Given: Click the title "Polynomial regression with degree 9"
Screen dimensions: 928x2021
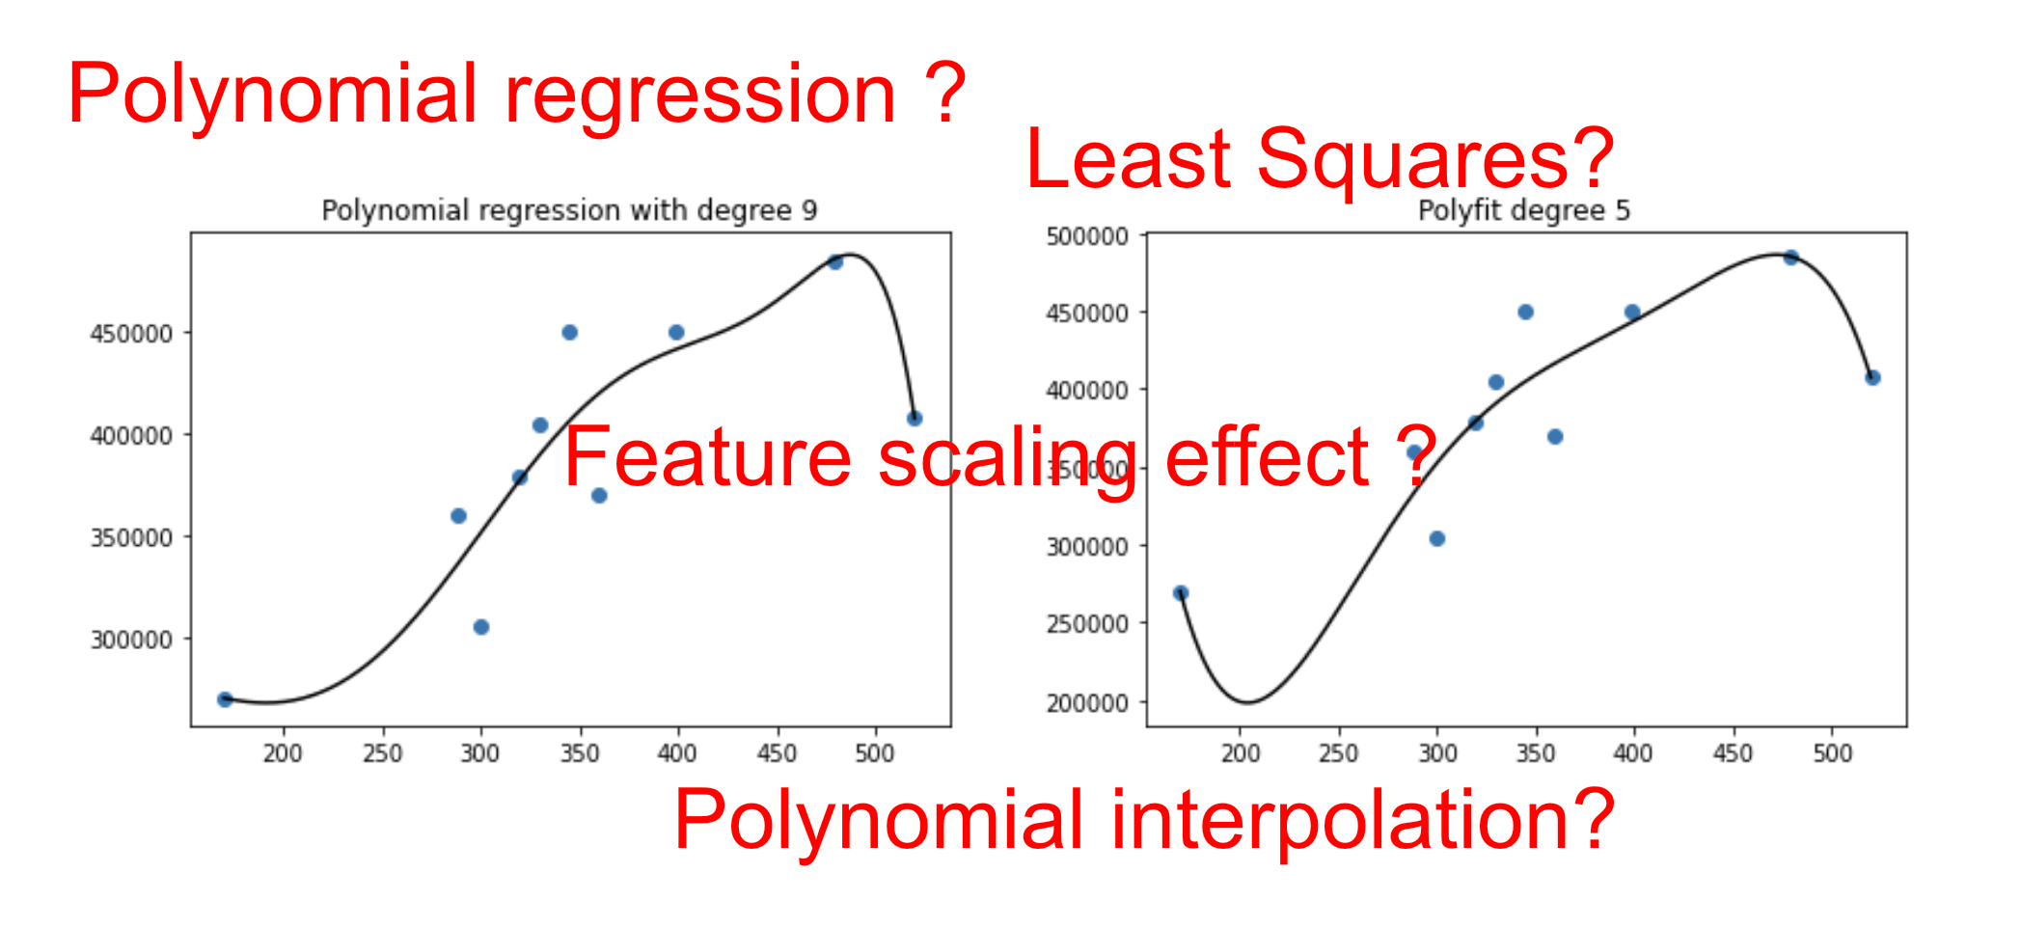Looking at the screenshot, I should (569, 210).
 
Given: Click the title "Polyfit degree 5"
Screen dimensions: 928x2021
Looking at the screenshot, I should (1523, 210).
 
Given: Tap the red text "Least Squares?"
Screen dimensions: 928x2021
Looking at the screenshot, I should (1319, 159).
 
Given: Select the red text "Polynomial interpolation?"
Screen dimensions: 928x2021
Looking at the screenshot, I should (1143, 820).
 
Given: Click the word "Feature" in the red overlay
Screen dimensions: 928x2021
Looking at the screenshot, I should (707, 457).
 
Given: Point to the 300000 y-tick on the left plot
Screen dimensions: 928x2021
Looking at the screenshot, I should (131, 640).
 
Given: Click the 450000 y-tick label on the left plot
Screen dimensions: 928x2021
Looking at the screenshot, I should (131, 334).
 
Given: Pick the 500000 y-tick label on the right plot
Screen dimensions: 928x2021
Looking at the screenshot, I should (1087, 236).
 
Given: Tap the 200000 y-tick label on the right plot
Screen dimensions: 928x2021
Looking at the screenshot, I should (1087, 703).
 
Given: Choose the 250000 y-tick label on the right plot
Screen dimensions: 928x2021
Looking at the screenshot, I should (1087, 624).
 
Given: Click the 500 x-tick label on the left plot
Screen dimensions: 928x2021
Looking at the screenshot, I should (875, 753).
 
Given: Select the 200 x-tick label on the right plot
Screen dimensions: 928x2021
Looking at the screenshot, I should (1241, 753).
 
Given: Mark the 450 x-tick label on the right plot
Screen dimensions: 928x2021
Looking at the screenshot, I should (1733, 753).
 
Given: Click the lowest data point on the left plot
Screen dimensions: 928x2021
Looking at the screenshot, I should (225, 699).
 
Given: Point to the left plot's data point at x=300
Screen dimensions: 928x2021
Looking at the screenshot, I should (481, 627).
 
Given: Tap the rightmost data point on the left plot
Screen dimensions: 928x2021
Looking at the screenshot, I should (915, 419).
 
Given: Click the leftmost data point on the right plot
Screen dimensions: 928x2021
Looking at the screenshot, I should (1181, 593).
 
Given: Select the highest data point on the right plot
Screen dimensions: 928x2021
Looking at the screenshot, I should (1791, 258).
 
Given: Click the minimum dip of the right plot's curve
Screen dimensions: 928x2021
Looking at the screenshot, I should (1248, 701).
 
